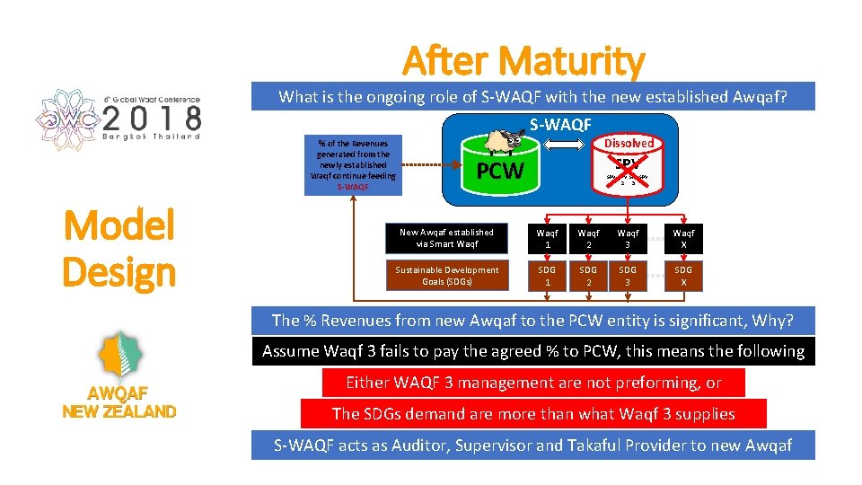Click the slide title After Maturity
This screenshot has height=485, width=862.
(x=523, y=61)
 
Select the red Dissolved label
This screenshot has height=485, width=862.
(x=629, y=143)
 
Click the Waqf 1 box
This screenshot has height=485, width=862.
(x=547, y=238)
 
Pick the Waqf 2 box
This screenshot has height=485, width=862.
(x=587, y=238)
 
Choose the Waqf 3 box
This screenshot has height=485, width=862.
(x=628, y=238)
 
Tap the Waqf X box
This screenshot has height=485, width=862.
(x=683, y=238)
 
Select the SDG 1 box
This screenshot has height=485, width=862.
(x=547, y=276)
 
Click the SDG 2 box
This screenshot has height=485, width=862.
(x=587, y=276)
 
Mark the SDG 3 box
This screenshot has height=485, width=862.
(x=628, y=276)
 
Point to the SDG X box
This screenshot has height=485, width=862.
(x=683, y=276)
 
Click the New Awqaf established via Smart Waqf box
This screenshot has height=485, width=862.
(x=446, y=238)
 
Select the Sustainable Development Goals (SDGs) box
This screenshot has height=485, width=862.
(x=446, y=276)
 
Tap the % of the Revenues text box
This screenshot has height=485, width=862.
(x=352, y=165)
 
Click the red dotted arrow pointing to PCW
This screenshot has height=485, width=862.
(x=432, y=165)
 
